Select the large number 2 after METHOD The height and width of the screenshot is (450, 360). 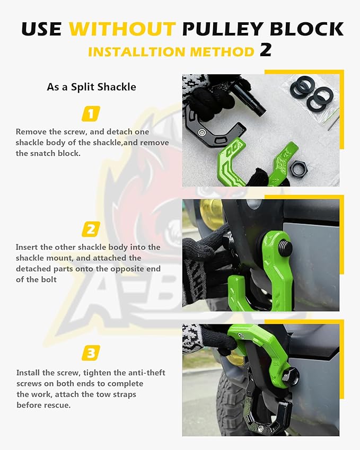click(x=266, y=50)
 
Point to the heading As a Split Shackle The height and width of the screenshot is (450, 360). click(x=91, y=86)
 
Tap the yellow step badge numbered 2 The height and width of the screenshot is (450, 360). click(x=91, y=229)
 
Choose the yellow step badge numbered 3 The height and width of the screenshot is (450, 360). click(x=91, y=353)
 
